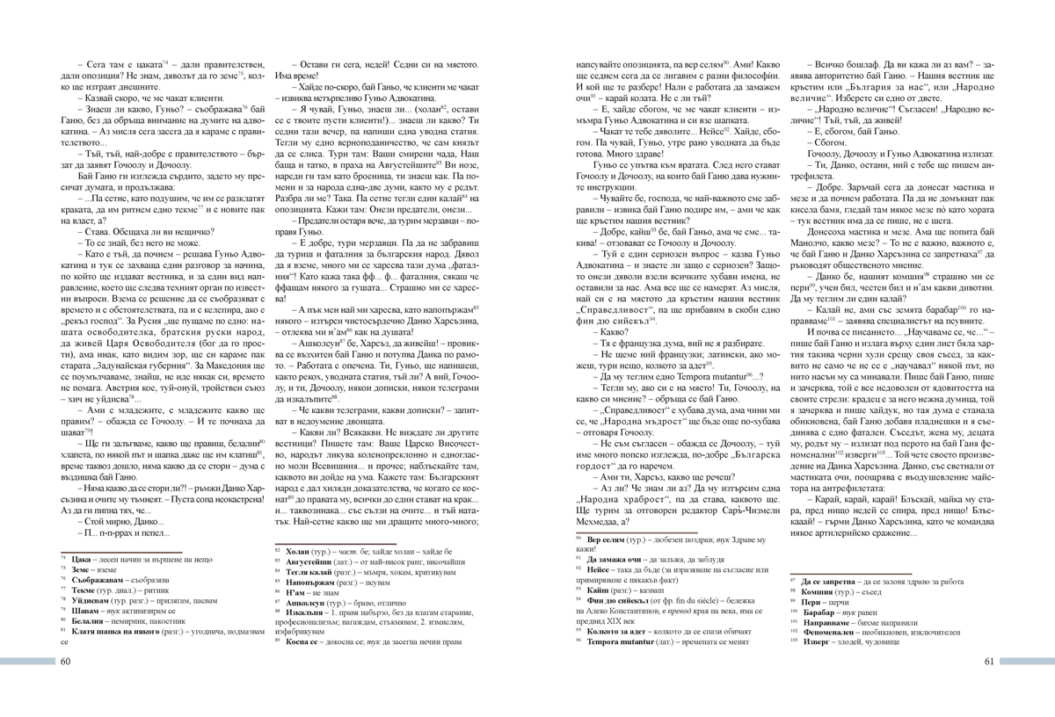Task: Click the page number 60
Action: (65, 662)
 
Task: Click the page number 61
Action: (988, 662)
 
